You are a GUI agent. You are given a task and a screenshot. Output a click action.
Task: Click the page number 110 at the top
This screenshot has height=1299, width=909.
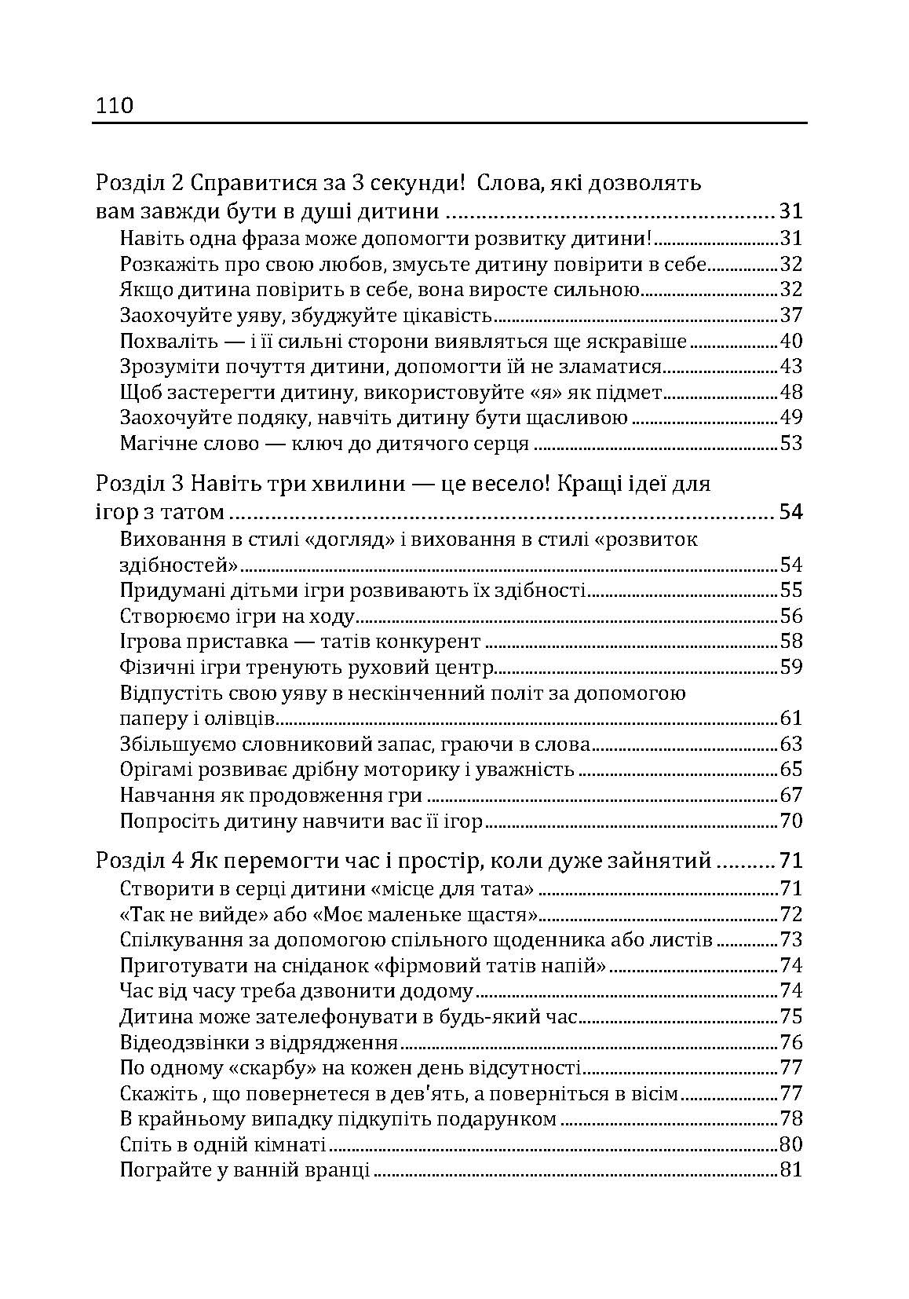[x=115, y=105]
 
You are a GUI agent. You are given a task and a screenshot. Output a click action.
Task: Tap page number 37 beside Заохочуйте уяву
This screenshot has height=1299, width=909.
[x=790, y=316]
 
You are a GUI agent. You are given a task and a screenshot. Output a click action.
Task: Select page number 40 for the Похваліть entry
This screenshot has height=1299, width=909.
[x=790, y=342]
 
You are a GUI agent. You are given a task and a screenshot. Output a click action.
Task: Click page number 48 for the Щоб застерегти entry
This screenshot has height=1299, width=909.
[x=790, y=393]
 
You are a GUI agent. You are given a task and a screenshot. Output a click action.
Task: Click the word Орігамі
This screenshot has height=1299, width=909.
[x=156, y=770]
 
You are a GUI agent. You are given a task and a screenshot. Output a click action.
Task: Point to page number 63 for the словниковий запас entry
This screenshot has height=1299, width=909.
[x=790, y=745]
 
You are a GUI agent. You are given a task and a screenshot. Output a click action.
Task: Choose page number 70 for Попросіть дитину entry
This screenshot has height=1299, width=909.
[x=790, y=821]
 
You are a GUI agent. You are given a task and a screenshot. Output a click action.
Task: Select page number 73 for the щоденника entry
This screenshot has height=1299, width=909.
[x=790, y=940]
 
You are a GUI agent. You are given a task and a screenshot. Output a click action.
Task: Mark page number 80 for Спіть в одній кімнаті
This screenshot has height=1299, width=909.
[x=790, y=1144]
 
